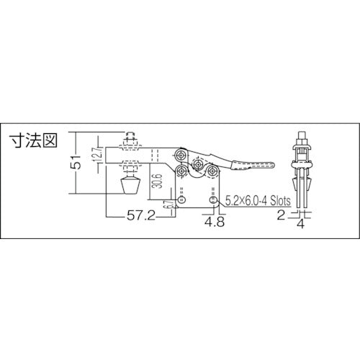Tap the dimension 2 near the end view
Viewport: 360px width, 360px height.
(x=281, y=214)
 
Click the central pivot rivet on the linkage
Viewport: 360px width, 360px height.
(x=196, y=163)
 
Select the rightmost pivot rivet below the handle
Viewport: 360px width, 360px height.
(x=212, y=171)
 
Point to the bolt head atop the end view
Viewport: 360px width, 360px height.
(x=302, y=137)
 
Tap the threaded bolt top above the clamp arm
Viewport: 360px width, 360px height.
(x=130, y=137)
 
